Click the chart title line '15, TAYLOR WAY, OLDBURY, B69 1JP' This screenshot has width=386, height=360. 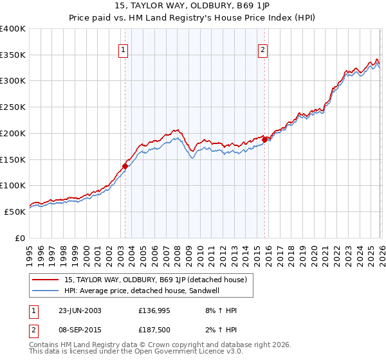point(192,6)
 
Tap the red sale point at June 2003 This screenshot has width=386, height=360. point(125,166)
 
